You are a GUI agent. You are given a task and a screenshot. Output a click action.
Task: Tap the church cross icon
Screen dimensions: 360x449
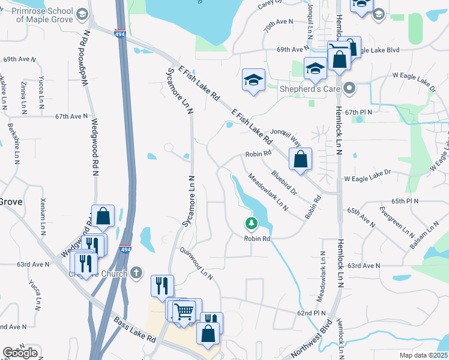pos(136,273)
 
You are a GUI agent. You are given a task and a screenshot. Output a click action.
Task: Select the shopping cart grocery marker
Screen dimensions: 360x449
pos(183,311)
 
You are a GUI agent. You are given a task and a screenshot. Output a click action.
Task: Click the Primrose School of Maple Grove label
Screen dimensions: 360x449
pos(45,16)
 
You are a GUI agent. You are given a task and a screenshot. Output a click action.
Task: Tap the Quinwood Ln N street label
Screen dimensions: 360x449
pos(196,264)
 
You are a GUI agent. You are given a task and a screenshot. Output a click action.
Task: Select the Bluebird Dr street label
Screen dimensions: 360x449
pos(284,183)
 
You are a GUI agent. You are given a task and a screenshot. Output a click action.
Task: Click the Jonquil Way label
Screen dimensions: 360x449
pos(286,138)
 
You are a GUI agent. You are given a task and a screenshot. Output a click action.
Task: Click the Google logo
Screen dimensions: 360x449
pos(20,353)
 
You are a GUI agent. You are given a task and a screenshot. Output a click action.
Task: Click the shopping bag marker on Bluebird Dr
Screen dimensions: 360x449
pos(300,160)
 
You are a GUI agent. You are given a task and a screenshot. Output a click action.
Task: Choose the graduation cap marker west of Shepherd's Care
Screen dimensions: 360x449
pos(254,80)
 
